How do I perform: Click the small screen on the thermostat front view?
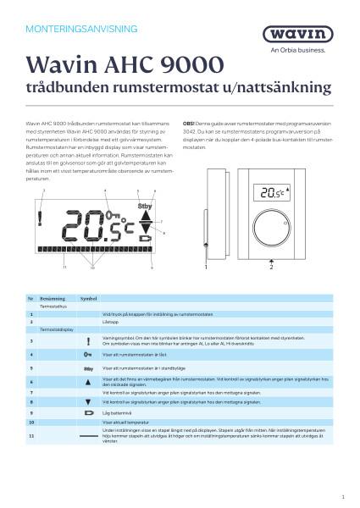251,192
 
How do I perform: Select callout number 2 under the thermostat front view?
271,268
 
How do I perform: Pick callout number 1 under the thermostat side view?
205,268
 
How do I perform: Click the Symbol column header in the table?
89,300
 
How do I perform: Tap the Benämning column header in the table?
52,300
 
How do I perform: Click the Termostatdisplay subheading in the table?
56,328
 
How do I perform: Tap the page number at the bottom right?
342,496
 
